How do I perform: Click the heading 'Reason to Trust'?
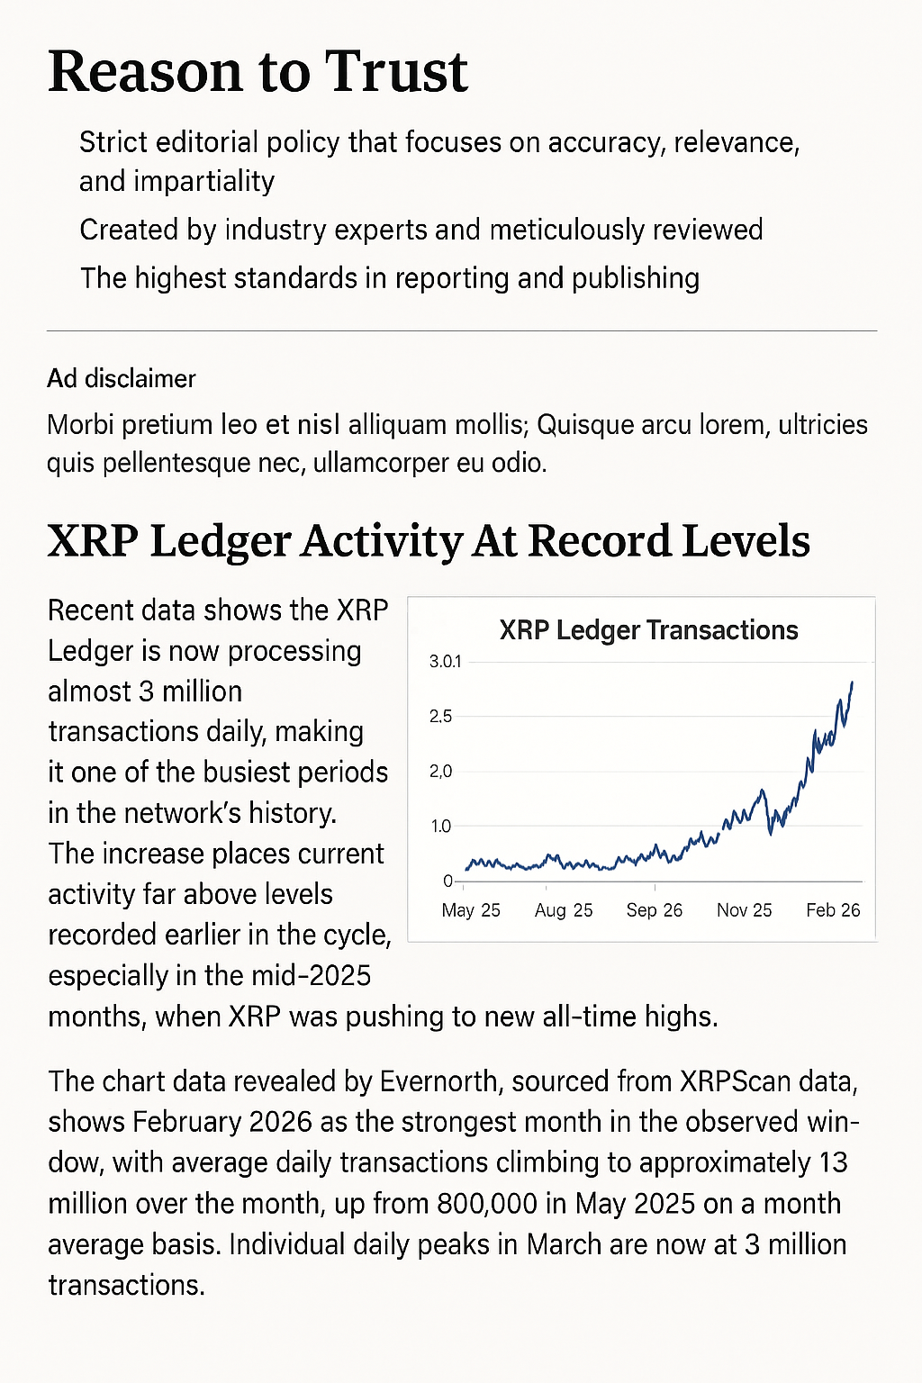[258, 72]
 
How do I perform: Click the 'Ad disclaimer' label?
[122, 378]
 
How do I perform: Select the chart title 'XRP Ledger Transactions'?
[648, 630]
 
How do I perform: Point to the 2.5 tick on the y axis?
[440, 717]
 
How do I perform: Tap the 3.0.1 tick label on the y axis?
[445, 662]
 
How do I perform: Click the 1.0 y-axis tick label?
[440, 827]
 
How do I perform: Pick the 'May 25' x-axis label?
[471, 910]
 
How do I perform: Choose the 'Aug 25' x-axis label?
[564, 910]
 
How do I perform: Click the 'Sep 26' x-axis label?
[655, 910]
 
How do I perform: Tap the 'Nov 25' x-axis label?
[745, 910]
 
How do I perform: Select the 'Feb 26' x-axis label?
[833, 910]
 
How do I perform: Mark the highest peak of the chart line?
[852, 682]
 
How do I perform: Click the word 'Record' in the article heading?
[599, 540]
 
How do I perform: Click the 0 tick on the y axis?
[447, 881]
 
